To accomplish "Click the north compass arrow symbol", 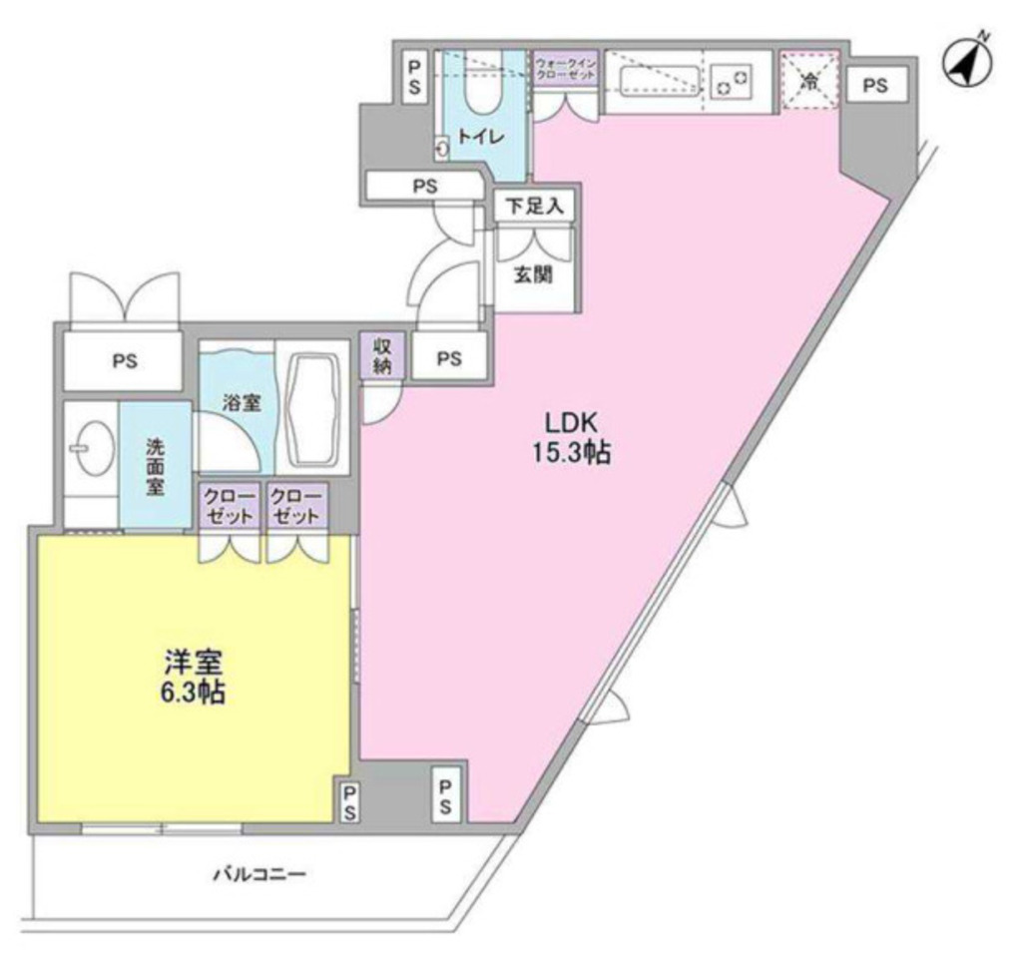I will coord(967,65).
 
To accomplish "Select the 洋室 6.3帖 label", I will coord(194,677).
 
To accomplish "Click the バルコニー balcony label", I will coord(258,875).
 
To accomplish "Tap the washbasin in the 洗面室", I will coord(93,450).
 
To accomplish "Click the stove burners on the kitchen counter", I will coord(733,80).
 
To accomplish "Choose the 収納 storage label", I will coord(382,354).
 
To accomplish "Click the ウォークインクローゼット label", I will coord(565,69).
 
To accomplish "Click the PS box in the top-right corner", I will coord(874,86).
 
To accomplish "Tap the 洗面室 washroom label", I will coord(155,464).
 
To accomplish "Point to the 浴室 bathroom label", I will coord(242,404).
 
